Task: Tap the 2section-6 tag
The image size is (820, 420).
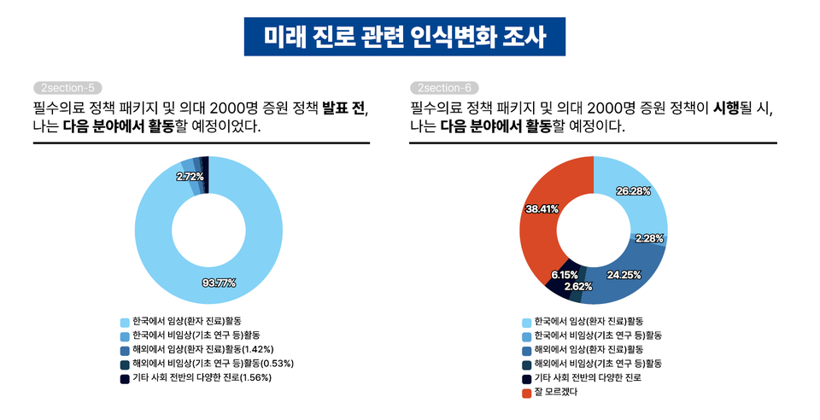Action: [444, 88]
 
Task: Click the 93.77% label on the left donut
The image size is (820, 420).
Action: [219, 283]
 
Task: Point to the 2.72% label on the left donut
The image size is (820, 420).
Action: [190, 176]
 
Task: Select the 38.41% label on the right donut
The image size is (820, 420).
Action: [542, 208]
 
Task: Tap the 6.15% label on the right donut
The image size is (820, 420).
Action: [565, 274]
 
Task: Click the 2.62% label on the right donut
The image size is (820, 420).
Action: [577, 286]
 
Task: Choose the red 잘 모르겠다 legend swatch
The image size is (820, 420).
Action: [527, 393]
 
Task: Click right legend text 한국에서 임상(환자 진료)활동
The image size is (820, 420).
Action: [589, 322]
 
